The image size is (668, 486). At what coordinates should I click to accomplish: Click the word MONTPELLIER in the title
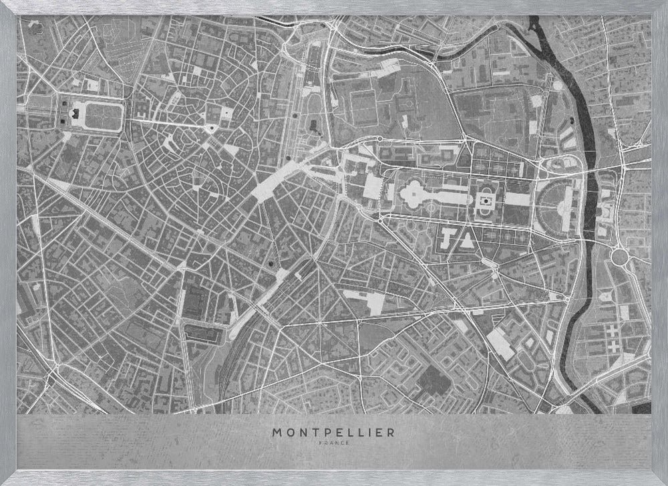tap(333, 433)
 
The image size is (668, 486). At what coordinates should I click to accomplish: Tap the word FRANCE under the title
tap(333, 442)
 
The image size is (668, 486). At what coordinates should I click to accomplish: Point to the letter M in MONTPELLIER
tap(276, 433)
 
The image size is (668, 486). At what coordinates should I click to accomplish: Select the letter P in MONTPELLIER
tap(323, 433)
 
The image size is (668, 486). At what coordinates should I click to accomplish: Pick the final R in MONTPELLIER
tap(391, 433)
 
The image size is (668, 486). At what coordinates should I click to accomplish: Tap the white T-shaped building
tap(448, 235)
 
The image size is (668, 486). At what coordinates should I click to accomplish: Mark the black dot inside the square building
tap(486, 199)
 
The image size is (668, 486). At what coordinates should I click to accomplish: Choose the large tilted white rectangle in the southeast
tap(500, 342)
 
